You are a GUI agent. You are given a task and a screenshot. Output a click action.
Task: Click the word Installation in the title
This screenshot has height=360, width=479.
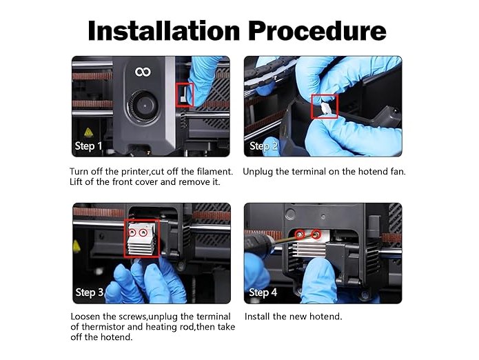coord(164,31)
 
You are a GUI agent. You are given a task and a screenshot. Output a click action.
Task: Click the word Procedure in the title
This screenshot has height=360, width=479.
coord(317,31)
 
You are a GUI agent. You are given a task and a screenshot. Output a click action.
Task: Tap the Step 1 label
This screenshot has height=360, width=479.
coord(88,146)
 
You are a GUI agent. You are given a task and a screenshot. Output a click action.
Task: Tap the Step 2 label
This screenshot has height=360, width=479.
coord(263,146)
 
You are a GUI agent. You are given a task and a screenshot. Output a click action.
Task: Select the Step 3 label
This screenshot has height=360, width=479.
coord(90,292)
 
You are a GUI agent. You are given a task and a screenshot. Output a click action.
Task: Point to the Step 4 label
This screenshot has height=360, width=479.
coord(263,292)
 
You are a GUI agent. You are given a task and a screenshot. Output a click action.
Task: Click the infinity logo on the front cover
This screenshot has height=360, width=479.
coord(143,72)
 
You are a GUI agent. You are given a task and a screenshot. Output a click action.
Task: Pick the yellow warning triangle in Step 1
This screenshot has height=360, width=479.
coord(88,132)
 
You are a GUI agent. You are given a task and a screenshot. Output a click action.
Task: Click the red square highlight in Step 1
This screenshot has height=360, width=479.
coord(185,94)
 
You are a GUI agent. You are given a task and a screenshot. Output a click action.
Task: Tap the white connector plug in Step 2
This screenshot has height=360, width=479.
coord(324,108)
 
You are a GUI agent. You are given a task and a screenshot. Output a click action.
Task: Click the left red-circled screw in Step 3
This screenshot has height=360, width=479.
coord(132,233)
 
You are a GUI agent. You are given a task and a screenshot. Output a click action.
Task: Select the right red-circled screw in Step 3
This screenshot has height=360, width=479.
coord(143,233)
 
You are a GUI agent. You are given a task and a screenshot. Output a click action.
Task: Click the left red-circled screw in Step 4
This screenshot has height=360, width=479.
coord(300,234)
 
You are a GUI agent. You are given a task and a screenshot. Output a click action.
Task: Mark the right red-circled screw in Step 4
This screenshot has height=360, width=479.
coord(316,234)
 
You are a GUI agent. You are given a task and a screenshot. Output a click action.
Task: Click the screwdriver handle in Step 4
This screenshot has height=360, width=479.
coord(259,244)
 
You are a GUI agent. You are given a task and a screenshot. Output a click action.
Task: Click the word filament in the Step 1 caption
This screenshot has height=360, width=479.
coord(215,172)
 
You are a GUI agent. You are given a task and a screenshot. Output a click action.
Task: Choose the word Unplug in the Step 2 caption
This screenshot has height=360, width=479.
coord(258,172)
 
